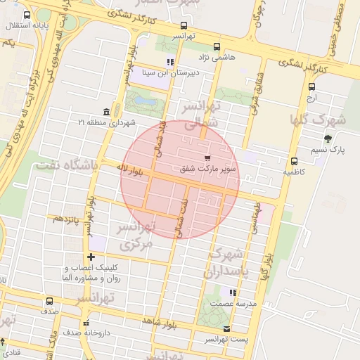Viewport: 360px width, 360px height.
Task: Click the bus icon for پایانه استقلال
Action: pos(27,15)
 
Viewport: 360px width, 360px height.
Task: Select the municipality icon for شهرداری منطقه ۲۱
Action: pos(105,112)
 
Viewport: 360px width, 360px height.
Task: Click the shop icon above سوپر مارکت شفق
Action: pos(207,158)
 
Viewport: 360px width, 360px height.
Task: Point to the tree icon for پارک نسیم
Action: pos(328,139)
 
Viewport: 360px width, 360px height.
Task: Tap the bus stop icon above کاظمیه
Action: pos(293,161)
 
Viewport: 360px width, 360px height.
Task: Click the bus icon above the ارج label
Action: pos(311,86)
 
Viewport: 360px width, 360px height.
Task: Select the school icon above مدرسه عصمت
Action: pos(233,292)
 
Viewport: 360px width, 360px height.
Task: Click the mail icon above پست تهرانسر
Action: pos(226,329)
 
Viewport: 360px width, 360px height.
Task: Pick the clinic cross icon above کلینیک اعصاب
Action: pos(90,257)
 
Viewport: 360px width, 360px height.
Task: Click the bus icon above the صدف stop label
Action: pos(49,301)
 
